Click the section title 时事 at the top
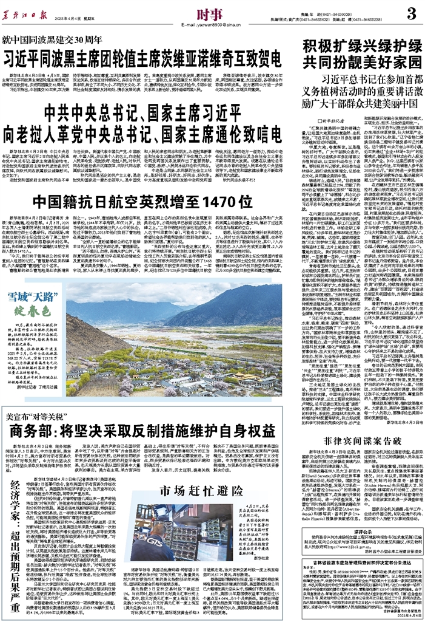point(207,12)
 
